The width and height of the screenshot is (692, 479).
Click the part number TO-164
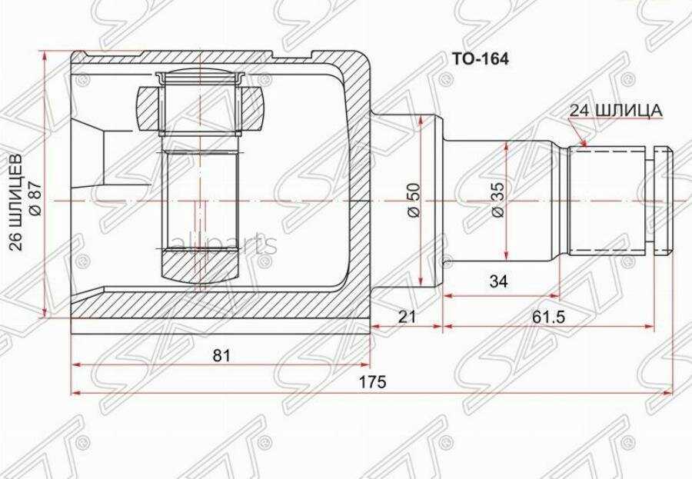480,58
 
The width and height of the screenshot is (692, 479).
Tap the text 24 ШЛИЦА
616,111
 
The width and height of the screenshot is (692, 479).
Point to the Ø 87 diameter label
35,199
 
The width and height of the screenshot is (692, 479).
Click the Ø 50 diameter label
414,201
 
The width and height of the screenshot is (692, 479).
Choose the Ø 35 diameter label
497,201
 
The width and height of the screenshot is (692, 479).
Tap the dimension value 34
499,281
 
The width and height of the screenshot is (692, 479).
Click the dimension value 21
407,316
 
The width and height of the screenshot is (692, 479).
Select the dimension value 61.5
548,316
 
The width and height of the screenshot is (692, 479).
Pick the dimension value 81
221,355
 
